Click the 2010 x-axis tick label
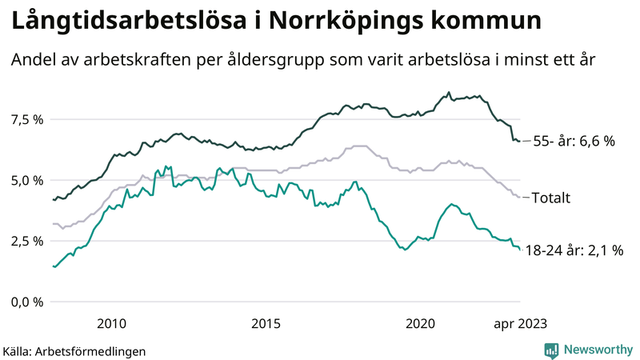click(x=111, y=323)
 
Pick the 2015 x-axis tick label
click(x=266, y=323)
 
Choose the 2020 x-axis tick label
click(x=421, y=323)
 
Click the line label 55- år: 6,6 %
click(x=574, y=142)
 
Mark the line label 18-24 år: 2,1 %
click(x=578, y=251)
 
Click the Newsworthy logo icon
click(x=551, y=350)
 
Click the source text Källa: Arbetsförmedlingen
click(x=74, y=350)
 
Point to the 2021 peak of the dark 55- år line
click(x=449, y=92)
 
